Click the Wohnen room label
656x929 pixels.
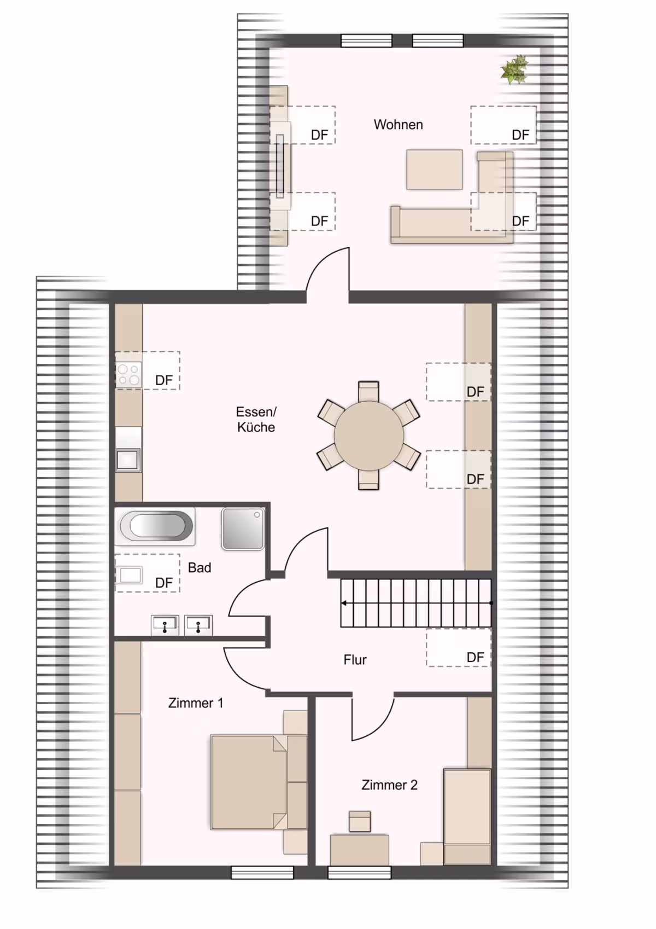tap(398, 124)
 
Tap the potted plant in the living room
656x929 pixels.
tap(514, 69)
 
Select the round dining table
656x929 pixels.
tap(369, 436)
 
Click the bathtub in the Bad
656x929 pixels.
tap(155, 526)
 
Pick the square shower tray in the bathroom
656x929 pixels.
tap(243, 529)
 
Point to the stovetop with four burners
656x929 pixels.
tap(128, 375)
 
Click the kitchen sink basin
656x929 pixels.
tap(128, 460)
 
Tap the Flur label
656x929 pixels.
tap(355, 659)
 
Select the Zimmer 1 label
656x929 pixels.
tap(196, 703)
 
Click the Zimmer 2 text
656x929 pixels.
tap(390, 785)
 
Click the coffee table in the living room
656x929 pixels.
tap(434, 170)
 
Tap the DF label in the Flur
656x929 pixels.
tap(475, 657)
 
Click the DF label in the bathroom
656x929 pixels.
tap(163, 583)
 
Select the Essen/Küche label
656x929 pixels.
tap(256, 419)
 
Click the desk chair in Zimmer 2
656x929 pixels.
tap(360, 821)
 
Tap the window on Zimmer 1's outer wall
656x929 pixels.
tap(262, 872)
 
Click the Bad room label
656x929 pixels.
tap(200, 567)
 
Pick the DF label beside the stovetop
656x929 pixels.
tap(163, 380)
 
